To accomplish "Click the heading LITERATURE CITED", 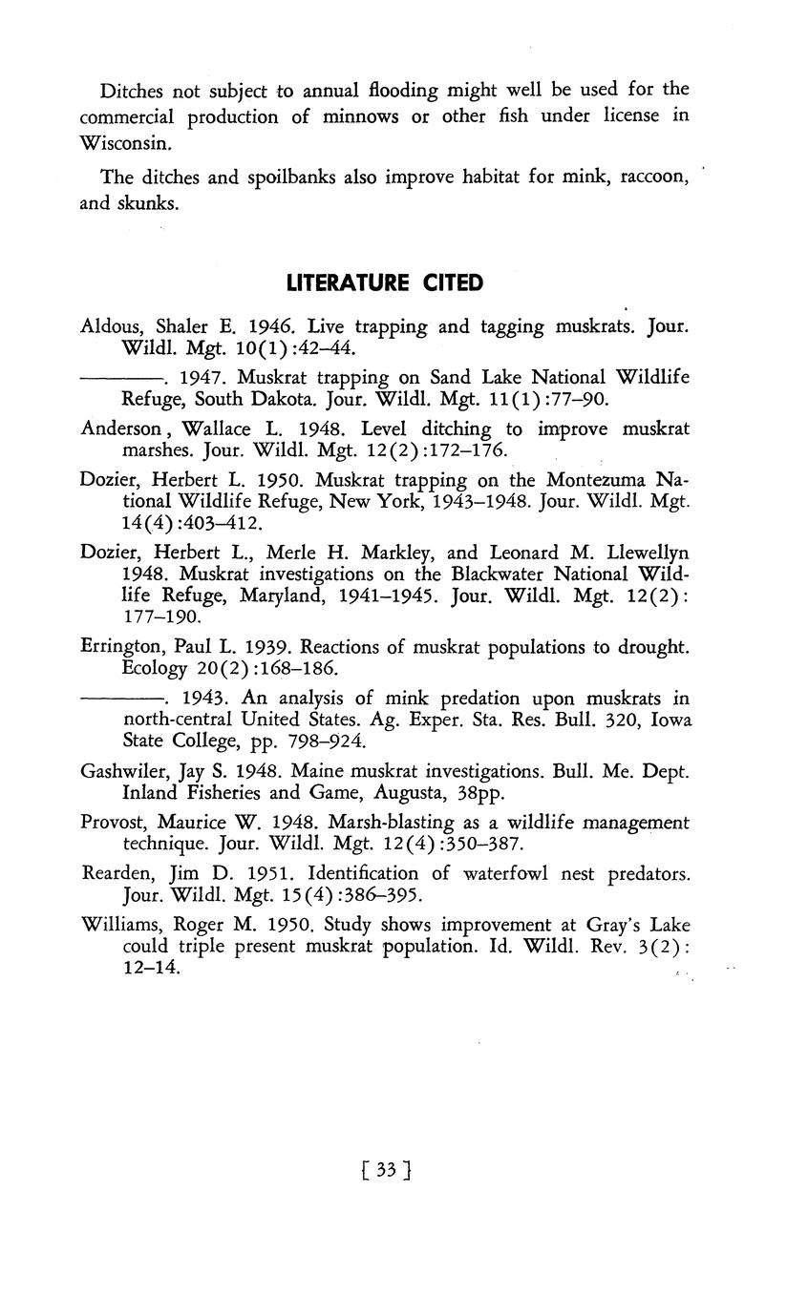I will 384,283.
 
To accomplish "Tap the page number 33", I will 386,1170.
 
